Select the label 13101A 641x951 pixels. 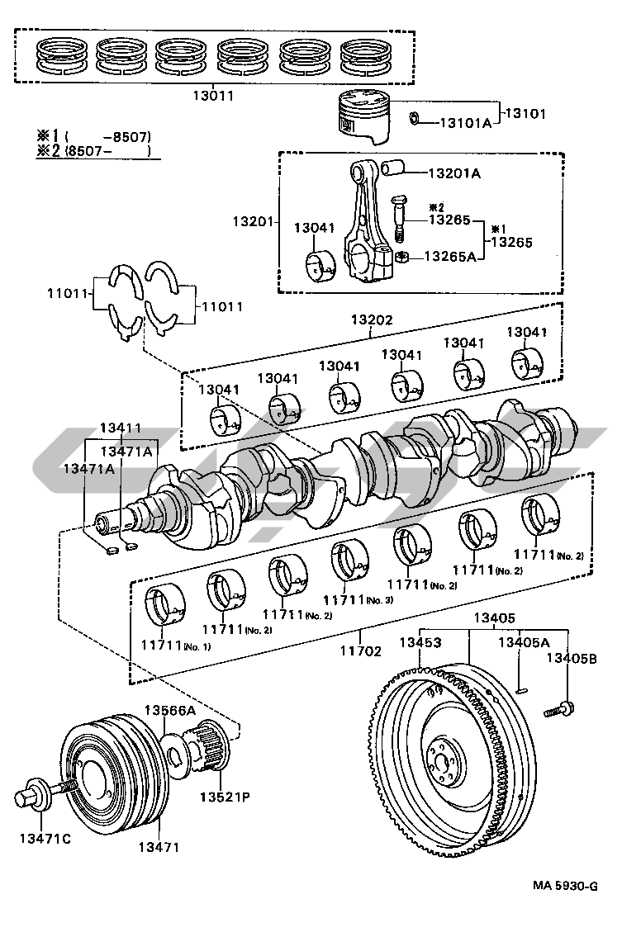[x=464, y=123]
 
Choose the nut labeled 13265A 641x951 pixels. [x=400, y=257]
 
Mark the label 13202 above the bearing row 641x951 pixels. [x=372, y=320]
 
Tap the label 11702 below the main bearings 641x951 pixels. [x=361, y=651]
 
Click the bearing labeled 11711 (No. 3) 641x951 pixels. [x=349, y=561]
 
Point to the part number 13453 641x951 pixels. [x=420, y=641]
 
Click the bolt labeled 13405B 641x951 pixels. [x=560, y=707]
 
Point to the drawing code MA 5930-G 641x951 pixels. [x=565, y=886]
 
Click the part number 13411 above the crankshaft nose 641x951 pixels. [x=121, y=428]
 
